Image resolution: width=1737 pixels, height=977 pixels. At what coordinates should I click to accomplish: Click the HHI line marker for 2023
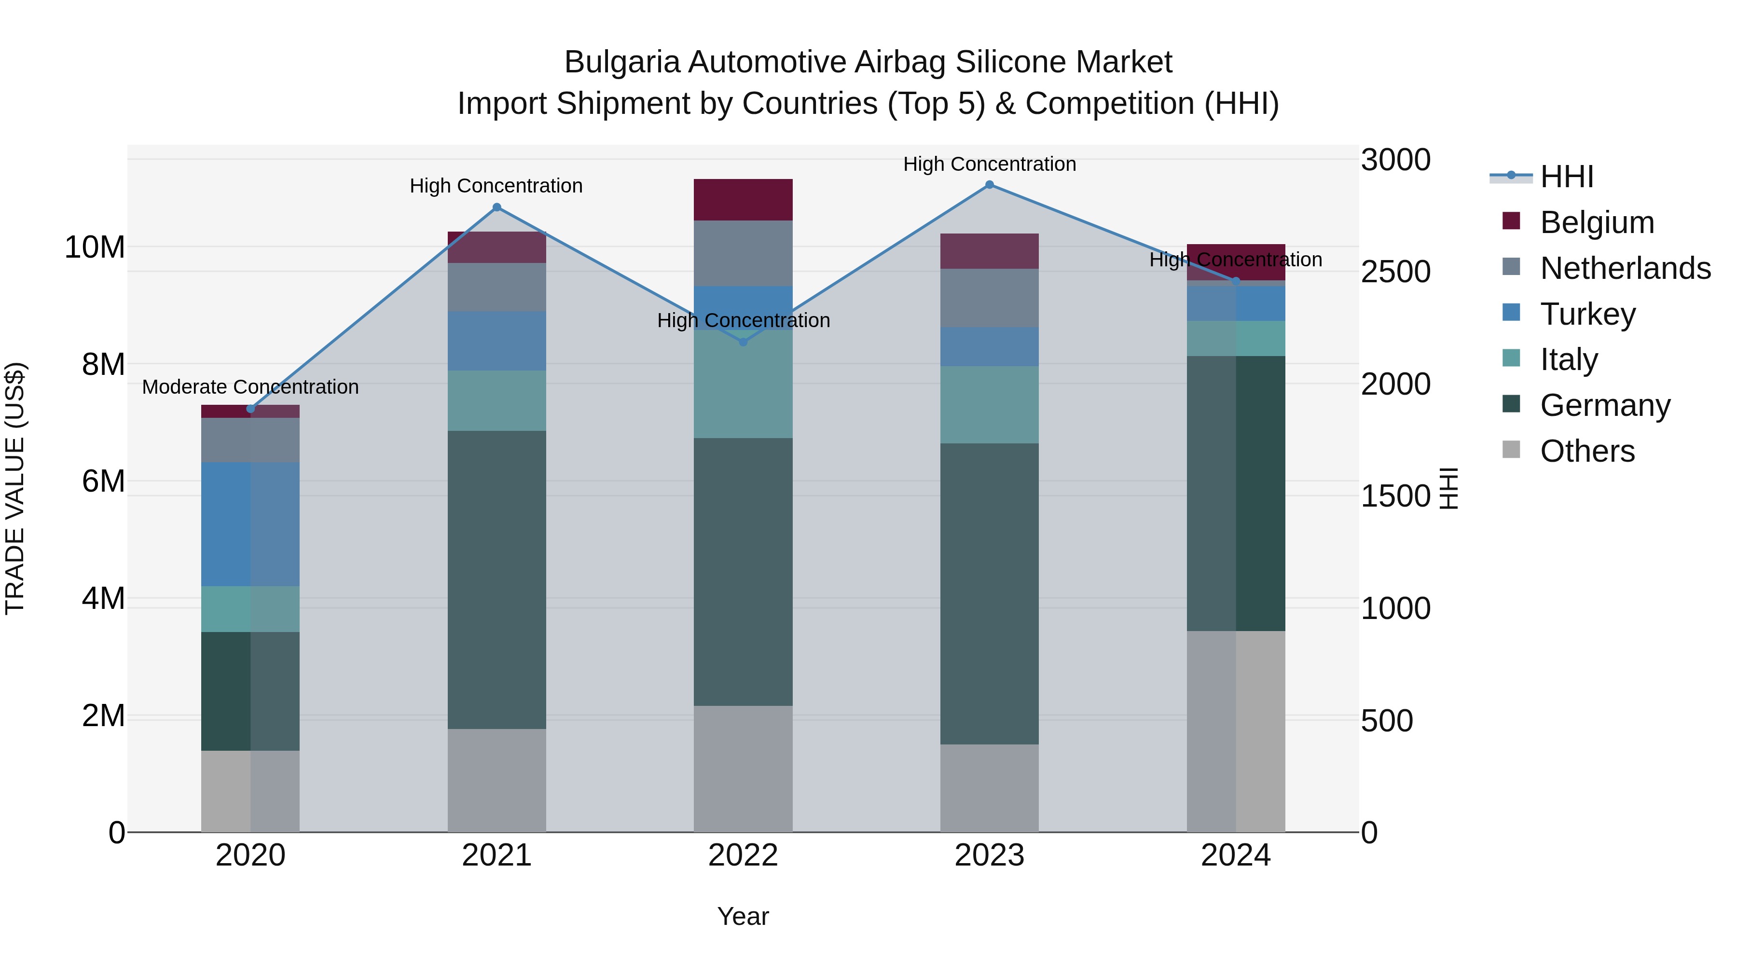(x=989, y=185)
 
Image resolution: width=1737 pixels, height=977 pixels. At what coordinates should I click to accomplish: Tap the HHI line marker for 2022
(x=743, y=342)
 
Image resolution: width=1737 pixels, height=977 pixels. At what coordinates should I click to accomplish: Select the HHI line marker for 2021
(x=497, y=207)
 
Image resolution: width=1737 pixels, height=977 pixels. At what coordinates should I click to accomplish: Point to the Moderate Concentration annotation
(x=250, y=387)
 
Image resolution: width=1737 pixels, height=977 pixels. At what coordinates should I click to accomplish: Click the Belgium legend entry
(x=1597, y=222)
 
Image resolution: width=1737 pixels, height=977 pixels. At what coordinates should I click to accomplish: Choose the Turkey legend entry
(x=1587, y=314)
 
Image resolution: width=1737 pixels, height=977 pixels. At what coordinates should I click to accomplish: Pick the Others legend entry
(x=1587, y=451)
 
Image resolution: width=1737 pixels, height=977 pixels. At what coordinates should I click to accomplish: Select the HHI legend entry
(x=1566, y=177)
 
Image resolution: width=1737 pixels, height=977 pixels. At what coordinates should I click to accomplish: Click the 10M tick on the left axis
(x=95, y=248)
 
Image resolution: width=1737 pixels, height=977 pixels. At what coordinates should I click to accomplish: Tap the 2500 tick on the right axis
(x=1395, y=272)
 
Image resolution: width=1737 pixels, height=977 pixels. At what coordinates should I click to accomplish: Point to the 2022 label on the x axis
(x=743, y=855)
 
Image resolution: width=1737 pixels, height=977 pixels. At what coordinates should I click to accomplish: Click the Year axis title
(x=743, y=916)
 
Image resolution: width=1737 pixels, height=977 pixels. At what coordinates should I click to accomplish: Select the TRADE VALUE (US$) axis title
(x=15, y=488)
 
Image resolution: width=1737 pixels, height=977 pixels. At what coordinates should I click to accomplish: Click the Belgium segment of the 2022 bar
(x=743, y=200)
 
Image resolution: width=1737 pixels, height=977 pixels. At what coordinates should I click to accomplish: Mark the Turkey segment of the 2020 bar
(x=250, y=524)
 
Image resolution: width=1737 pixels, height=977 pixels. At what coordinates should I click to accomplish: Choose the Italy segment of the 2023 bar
(x=989, y=405)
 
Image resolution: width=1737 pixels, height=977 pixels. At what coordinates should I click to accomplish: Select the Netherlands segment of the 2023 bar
(x=989, y=298)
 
